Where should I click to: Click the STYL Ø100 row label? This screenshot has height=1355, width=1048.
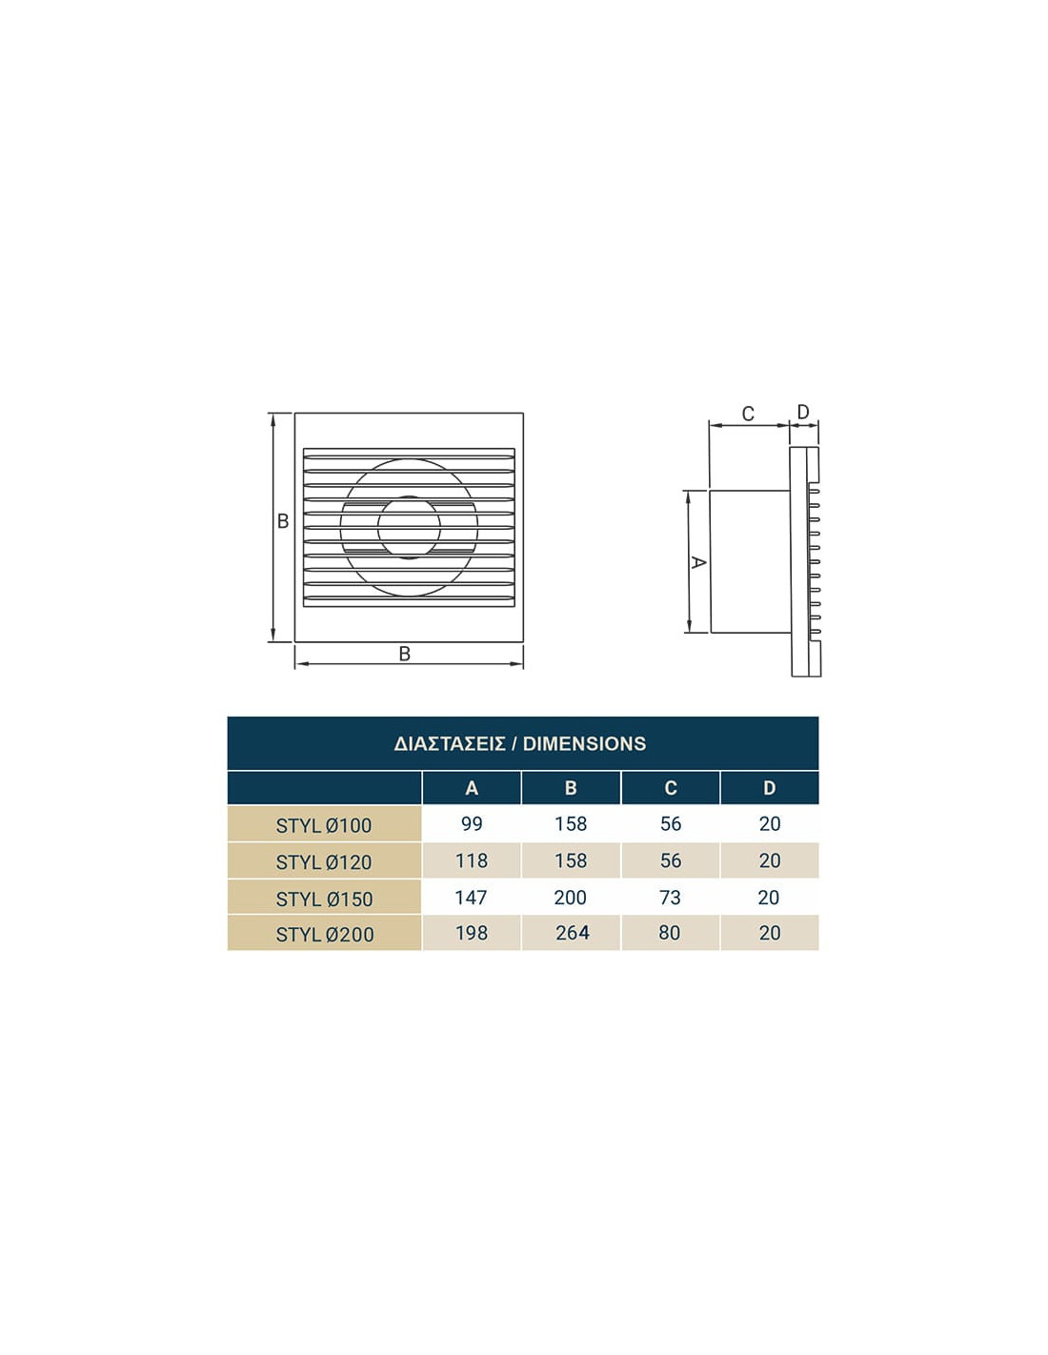324,825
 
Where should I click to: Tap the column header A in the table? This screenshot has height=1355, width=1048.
472,788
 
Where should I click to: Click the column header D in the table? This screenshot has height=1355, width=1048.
769,788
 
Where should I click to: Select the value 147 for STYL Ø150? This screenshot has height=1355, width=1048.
471,898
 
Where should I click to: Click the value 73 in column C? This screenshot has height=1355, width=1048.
670,898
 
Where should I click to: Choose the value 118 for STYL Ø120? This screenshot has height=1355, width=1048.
472,860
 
